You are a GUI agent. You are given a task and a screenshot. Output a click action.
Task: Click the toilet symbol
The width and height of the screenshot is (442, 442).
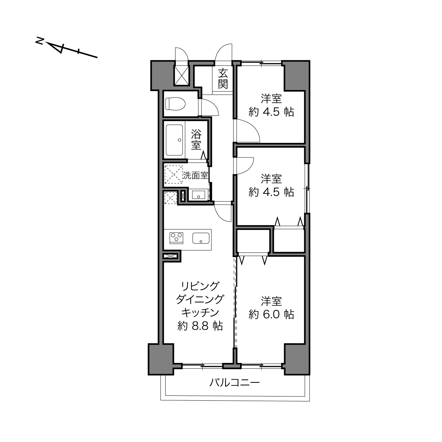[x=175, y=104]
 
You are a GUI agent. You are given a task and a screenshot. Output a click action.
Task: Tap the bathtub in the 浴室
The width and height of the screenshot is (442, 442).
[x=174, y=140]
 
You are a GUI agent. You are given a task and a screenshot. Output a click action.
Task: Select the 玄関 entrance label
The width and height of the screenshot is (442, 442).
[x=223, y=79]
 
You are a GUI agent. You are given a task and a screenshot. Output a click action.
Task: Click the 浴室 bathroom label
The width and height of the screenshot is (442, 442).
[x=196, y=139]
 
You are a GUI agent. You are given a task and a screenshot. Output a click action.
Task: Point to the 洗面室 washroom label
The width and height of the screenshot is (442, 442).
[x=196, y=175]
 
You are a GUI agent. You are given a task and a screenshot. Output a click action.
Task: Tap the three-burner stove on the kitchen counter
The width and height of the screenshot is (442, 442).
[x=177, y=238]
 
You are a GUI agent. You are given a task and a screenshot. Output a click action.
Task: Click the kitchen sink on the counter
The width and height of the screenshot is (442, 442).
[x=201, y=238]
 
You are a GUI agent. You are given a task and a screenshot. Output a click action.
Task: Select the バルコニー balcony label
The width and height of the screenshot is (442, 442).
[x=234, y=383]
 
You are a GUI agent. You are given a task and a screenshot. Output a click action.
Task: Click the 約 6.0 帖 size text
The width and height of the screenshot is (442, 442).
[x=271, y=314]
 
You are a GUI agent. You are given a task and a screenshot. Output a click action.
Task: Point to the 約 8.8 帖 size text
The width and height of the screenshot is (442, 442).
[x=200, y=326]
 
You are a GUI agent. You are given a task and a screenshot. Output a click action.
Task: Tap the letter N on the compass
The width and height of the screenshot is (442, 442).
[x=40, y=41]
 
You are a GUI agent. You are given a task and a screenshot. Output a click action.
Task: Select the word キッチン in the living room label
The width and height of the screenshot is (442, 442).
[x=200, y=313]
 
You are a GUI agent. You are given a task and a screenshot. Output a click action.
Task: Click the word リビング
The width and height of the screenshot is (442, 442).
[x=200, y=286]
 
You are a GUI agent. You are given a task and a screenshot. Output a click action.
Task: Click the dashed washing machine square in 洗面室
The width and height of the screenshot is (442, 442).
[x=174, y=174]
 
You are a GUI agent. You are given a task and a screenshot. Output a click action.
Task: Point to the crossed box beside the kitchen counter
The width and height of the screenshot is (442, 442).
[x=171, y=256]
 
